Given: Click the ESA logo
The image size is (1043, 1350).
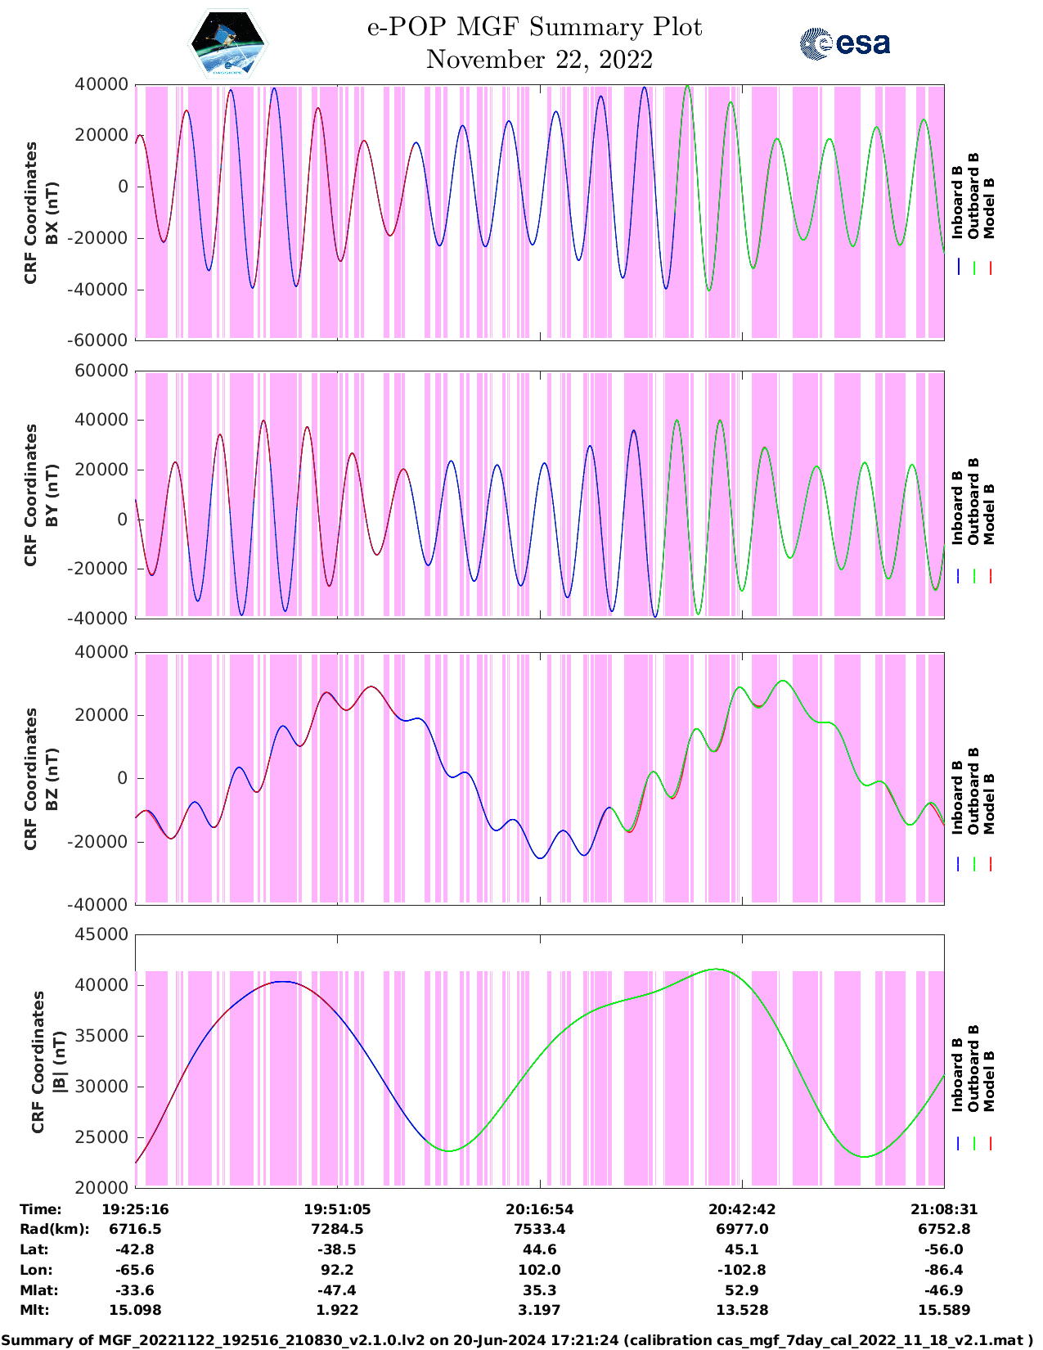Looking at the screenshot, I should pos(845,43).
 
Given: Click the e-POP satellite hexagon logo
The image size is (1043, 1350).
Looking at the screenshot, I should pos(227,43).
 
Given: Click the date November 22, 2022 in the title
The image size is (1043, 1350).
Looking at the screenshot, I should pos(539,60).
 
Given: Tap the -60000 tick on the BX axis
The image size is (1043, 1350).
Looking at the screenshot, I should pos(101,340).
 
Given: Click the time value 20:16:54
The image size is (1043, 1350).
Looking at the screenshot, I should pos(539,1209).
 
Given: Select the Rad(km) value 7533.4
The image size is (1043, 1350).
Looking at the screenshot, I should pos(539,1229).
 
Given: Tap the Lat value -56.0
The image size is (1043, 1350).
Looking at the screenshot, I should pos(943,1249).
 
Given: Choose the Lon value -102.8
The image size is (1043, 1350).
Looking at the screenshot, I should pos(741,1270).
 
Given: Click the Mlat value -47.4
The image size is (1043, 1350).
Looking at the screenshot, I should pos(337,1290).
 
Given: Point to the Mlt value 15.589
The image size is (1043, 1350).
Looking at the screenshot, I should pos(943,1310).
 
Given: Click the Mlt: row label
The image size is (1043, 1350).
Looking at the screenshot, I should pos(34,1310).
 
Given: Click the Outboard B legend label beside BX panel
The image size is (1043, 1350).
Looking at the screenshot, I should pos(973,196).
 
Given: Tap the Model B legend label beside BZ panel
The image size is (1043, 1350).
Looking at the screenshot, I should pos(989,803).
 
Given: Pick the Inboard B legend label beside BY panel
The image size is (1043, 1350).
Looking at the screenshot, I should pos(958,507).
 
